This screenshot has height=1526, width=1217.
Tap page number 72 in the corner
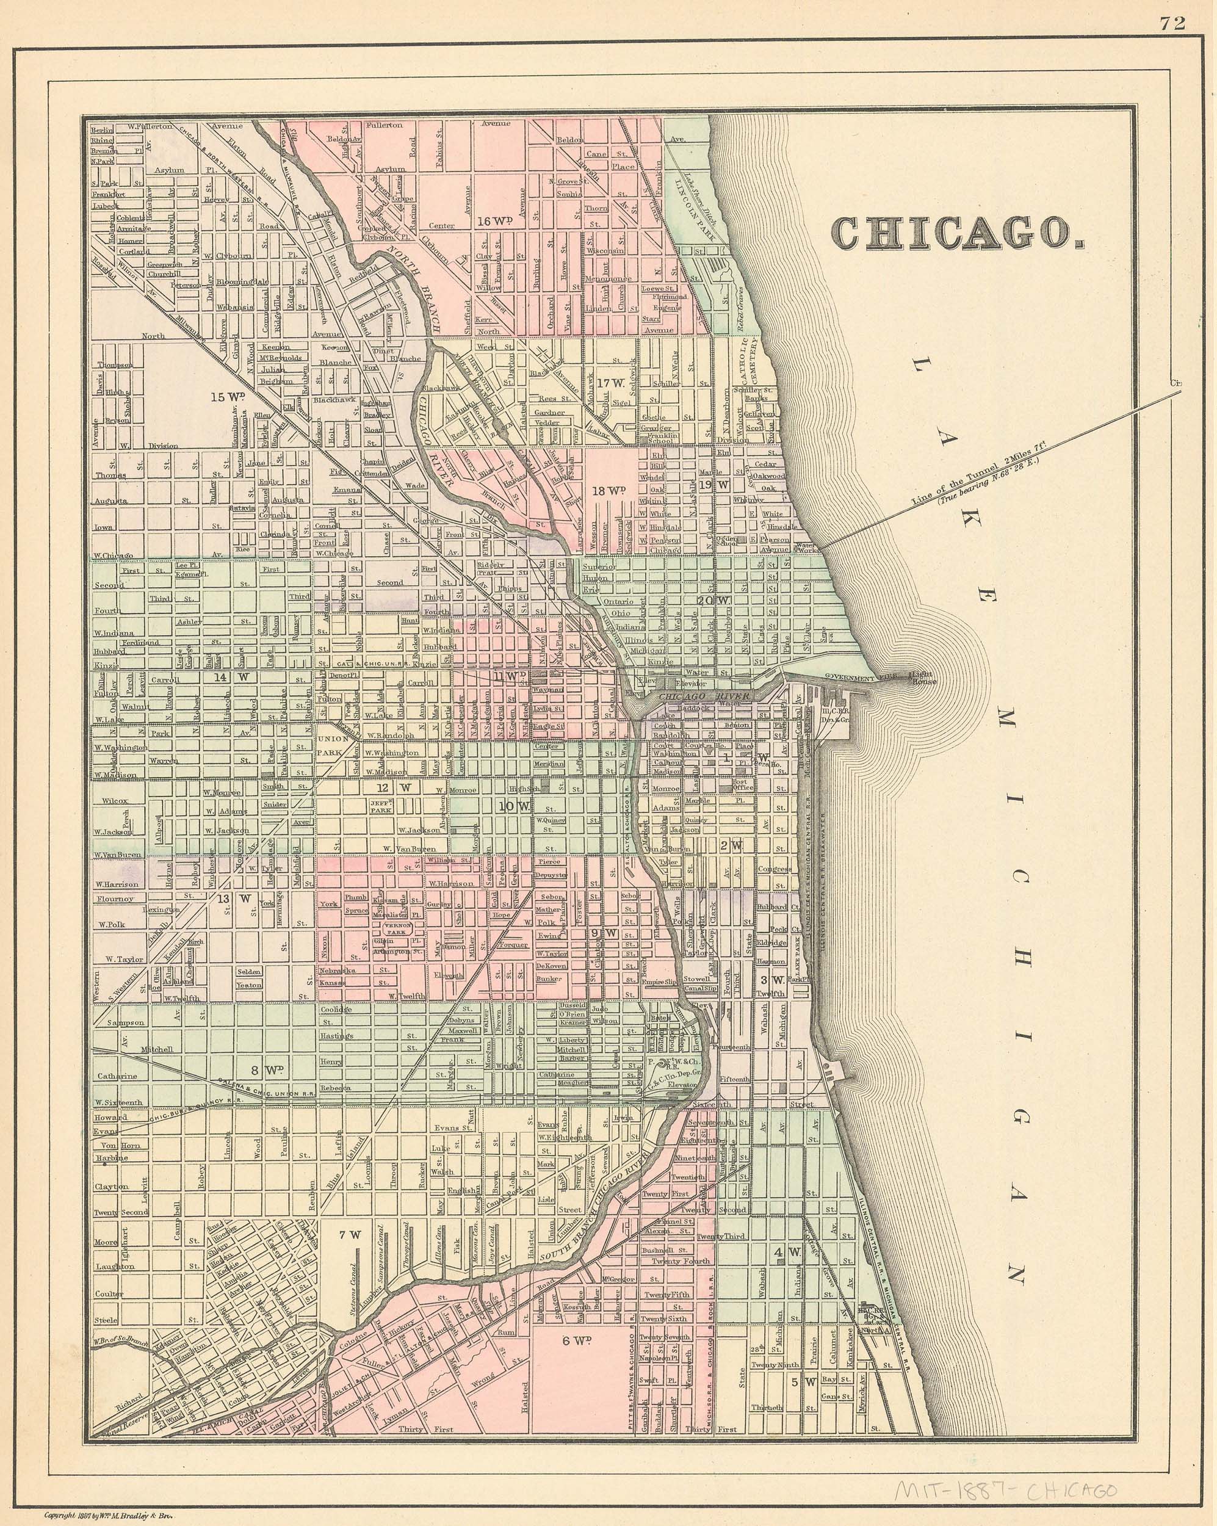[x=1172, y=23]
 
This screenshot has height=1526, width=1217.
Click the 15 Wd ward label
[x=227, y=397]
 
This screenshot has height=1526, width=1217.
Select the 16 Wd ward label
[x=493, y=220]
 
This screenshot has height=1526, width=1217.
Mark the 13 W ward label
[x=234, y=899]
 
